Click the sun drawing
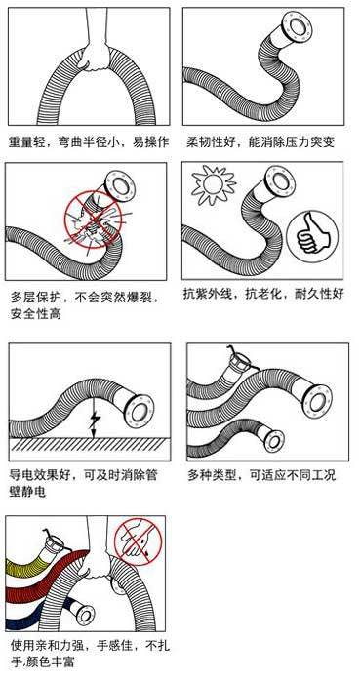pyautogui.click(x=214, y=184)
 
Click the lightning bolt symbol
pyautogui.click(x=94, y=420)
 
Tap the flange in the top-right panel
pyautogui.click(x=298, y=28)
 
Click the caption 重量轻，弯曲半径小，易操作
pyautogui.click(x=89, y=142)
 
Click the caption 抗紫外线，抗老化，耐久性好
pyautogui.click(x=263, y=294)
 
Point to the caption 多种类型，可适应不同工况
pyautogui.click(x=261, y=475)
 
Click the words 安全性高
pyautogui.click(x=36, y=313)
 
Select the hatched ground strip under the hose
pyautogui.click(x=89, y=444)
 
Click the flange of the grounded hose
pyautogui.click(x=140, y=412)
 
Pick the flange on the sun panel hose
pyautogui.click(x=281, y=181)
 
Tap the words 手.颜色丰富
pyautogui.click(x=43, y=662)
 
